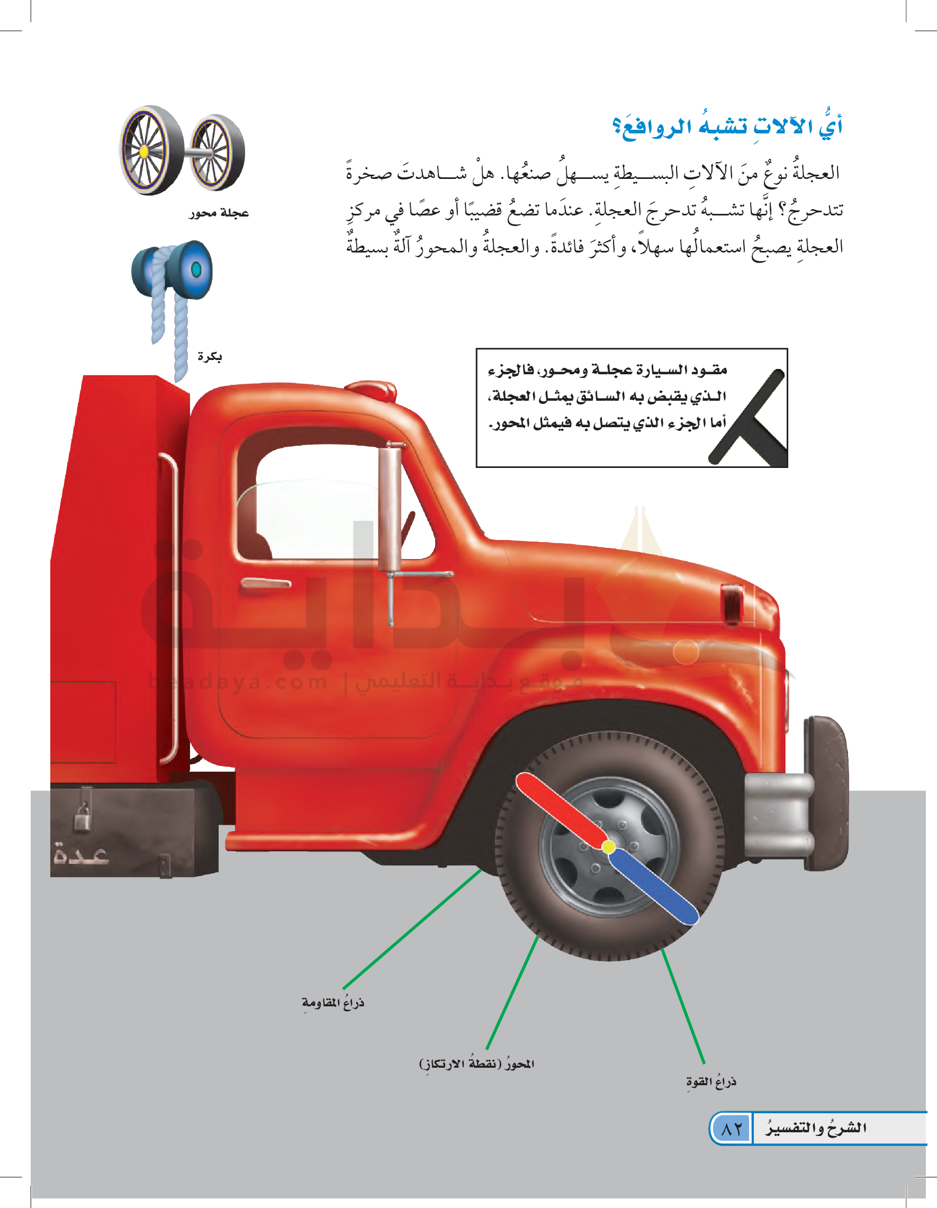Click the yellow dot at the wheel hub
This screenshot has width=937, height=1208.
pyautogui.click(x=608, y=846)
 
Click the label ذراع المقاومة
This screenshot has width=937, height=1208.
pyautogui.click(x=333, y=1003)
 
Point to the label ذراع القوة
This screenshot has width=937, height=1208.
pyautogui.click(x=711, y=1082)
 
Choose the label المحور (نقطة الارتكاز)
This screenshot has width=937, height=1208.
pyautogui.click(x=477, y=1063)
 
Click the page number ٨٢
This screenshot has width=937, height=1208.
pyautogui.click(x=731, y=1129)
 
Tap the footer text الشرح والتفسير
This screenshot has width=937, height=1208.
pyautogui.click(x=816, y=1128)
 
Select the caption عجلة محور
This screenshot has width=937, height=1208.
pyautogui.click(x=219, y=213)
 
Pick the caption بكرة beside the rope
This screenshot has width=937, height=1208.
pyautogui.click(x=210, y=357)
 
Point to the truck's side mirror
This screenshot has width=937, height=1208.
pyautogui.click(x=390, y=509)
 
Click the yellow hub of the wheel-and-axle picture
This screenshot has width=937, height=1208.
pyautogui.click(x=144, y=150)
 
